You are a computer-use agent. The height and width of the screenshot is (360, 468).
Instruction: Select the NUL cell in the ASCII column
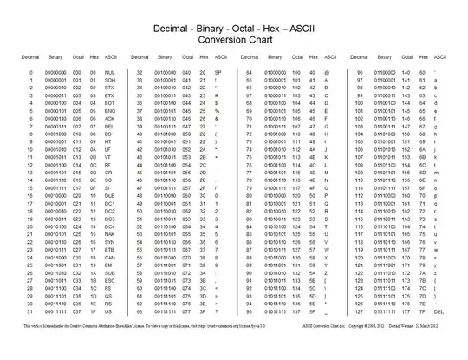pos(109,73)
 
